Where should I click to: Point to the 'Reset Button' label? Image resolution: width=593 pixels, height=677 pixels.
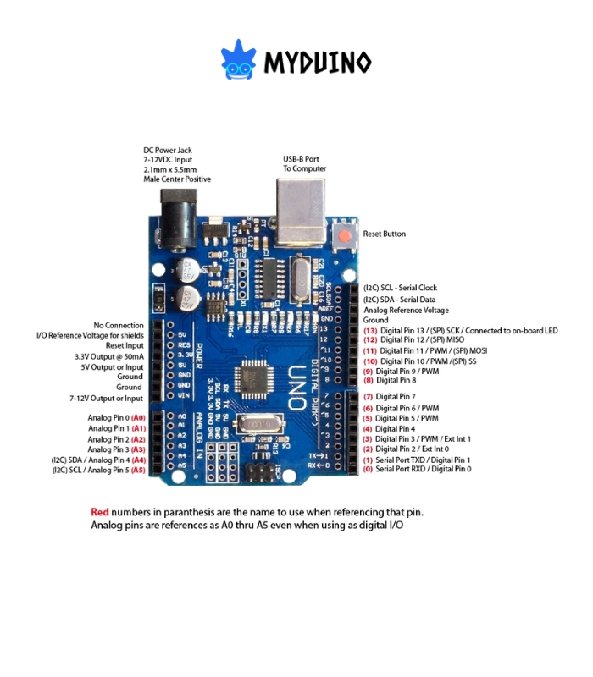tap(384, 234)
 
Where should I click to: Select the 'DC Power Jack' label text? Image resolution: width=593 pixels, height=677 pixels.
tap(167, 150)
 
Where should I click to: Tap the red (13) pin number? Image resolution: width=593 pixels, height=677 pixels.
tap(369, 330)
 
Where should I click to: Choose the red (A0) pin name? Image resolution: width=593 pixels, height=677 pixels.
tap(138, 418)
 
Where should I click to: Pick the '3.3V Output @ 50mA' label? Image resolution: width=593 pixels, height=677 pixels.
tap(109, 356)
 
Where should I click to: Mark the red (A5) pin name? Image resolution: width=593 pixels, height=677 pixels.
tap(138, 469)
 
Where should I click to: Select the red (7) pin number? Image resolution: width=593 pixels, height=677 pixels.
tap(369, 396)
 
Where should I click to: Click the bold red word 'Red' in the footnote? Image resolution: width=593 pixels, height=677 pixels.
tap(100, 512)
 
